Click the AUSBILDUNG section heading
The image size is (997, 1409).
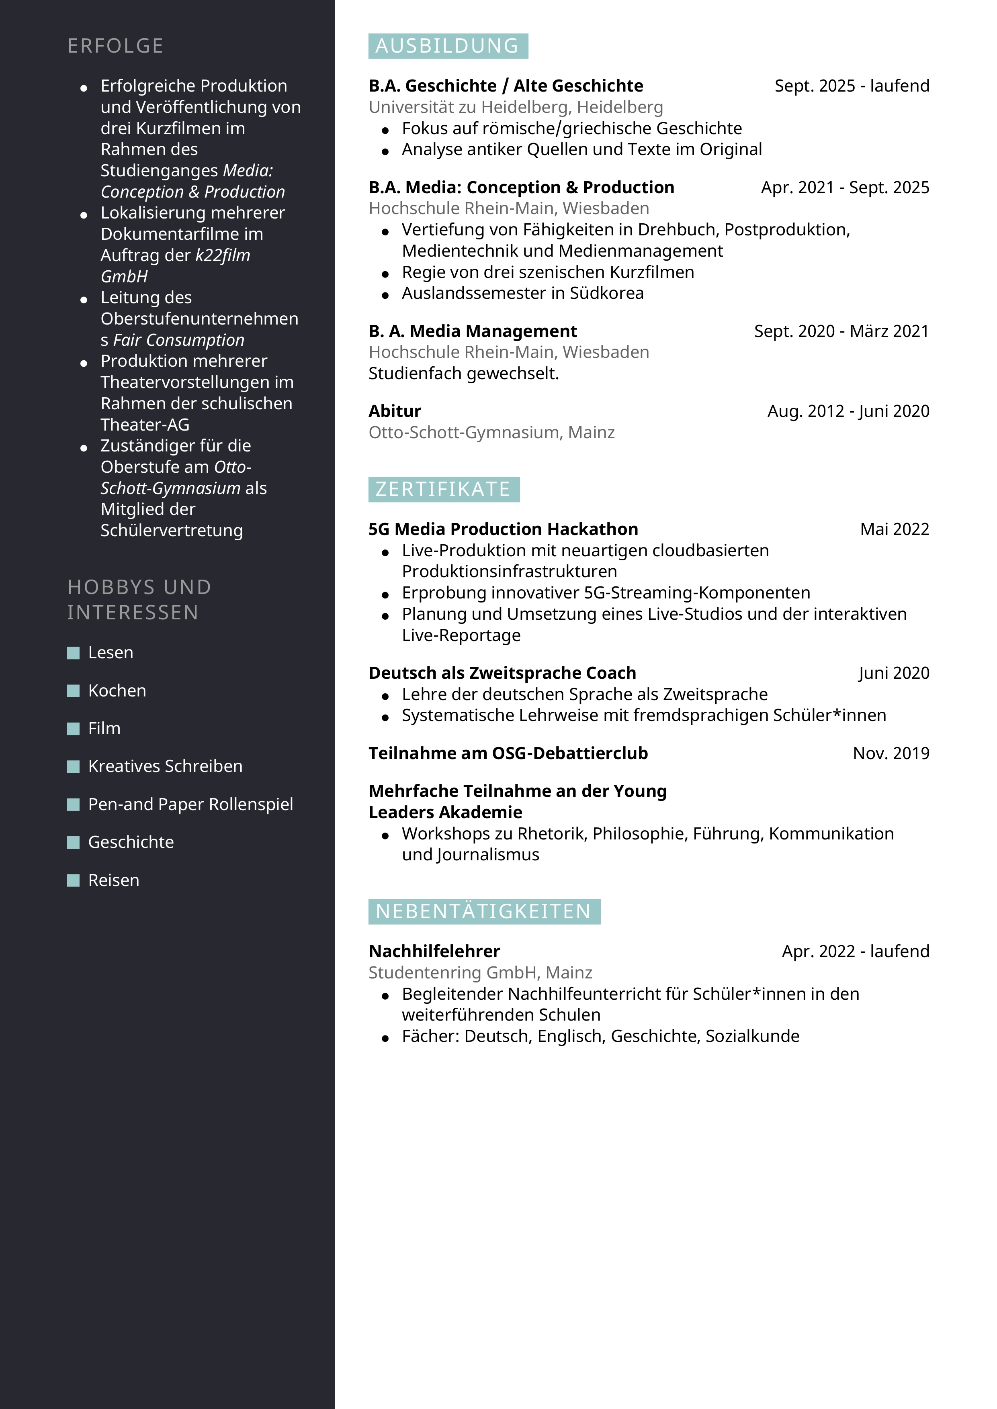448,46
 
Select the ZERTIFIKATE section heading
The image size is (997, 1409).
443,489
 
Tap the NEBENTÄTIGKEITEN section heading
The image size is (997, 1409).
484,911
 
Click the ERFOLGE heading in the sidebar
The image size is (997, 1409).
115,46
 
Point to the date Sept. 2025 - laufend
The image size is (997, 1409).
852,86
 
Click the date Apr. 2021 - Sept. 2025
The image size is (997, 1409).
845,187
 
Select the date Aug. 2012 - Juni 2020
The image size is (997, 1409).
848,411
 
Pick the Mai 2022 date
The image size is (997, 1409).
895,529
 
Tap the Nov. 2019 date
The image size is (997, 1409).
891,753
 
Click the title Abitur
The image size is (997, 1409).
395,411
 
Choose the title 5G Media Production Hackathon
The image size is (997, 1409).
503,529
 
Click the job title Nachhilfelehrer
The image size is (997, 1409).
434,951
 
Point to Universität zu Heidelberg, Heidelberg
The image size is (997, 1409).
516,107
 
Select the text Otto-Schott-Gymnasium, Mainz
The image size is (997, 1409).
491,433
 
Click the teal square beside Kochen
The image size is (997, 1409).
73,690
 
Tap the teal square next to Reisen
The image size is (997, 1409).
73,880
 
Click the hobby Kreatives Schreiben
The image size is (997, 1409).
165,766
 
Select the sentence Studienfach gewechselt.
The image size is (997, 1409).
463,373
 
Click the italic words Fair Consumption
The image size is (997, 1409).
179,340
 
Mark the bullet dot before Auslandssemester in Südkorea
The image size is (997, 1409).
385,295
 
